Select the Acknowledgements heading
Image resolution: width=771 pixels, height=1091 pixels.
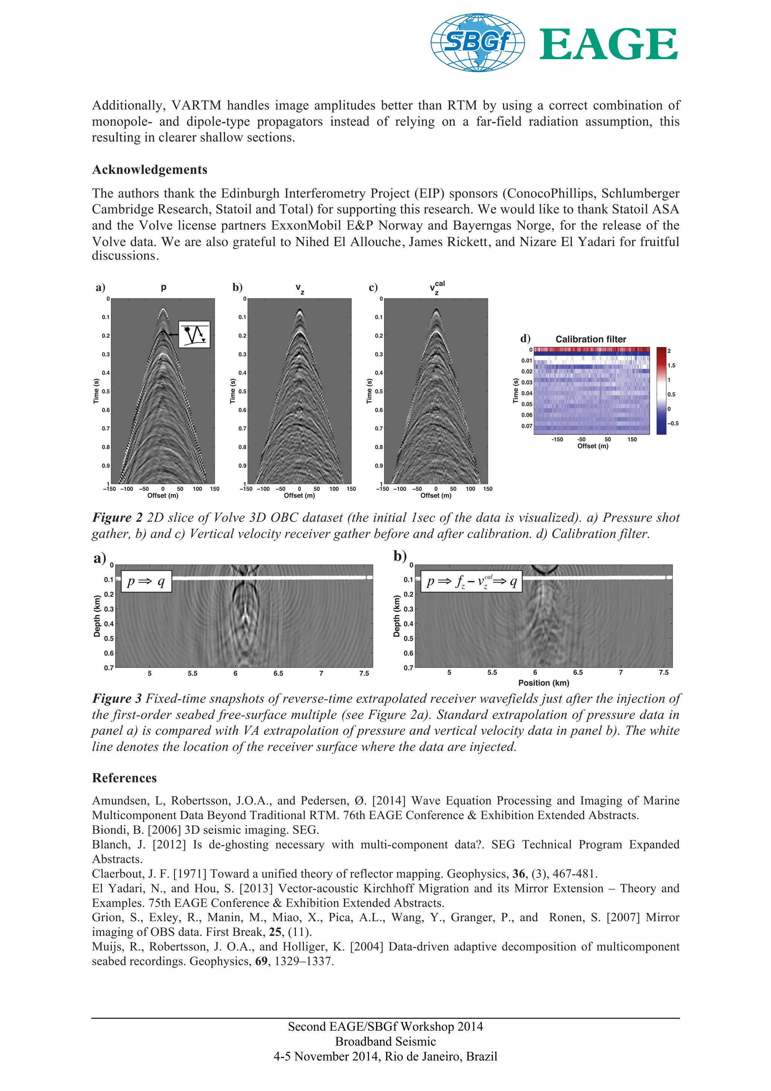(149, 170)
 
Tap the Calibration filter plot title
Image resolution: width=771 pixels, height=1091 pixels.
(590, 339)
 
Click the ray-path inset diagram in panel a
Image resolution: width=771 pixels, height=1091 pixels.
(194, 335)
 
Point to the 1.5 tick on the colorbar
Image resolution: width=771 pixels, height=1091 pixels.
(671, 366)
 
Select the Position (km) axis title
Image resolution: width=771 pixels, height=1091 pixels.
(544, 683)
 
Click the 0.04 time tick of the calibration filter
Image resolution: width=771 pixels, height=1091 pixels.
(527, 393)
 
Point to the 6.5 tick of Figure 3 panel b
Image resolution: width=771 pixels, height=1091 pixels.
(577, 672)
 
